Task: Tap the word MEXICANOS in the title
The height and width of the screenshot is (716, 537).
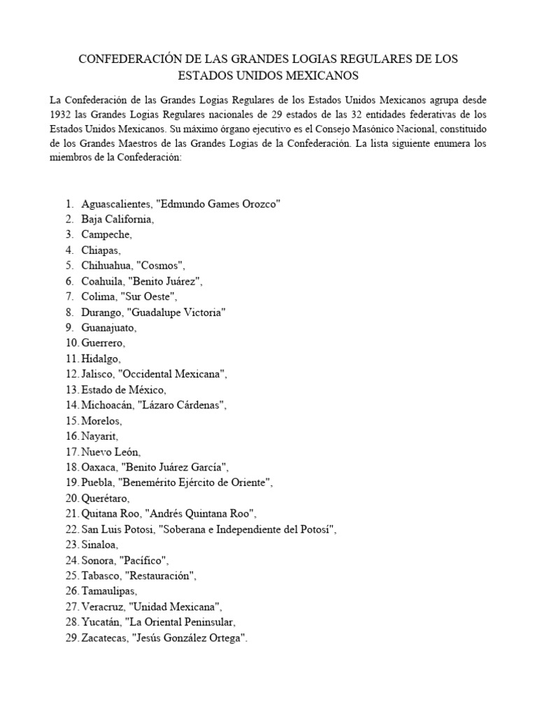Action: pyautogui.click(x=324, y=75)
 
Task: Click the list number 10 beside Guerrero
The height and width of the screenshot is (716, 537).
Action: pyautogui.click(x=71, y=343)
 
